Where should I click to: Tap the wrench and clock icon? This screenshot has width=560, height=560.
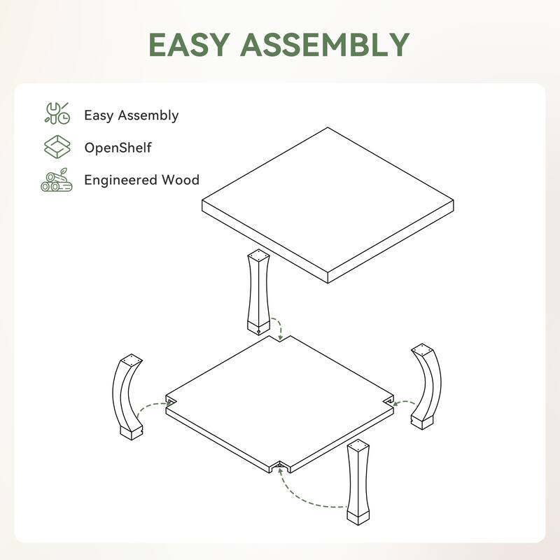pyautogui.click(x=57, y=114)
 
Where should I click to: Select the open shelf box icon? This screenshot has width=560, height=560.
pyautogui.click(x=57, y=148)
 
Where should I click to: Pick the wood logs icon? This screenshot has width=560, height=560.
pyautogui.click(x=57, y=180)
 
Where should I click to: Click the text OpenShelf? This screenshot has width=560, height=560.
pyautogui.click(x=118, y=148)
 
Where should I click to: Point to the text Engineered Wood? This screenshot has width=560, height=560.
pyautogui.click(x=141, y=180)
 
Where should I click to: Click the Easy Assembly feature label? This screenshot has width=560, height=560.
pyautogui.click(x=131, y=115)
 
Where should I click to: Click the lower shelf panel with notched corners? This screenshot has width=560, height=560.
pyautogui.click(x=280, y=399)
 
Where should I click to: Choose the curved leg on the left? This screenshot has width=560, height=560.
pyautogui.click(x=126, y=395)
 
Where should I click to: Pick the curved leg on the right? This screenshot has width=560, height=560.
pyautogui.click(x=426, y=385)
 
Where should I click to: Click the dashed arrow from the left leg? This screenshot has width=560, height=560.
pyautogui.click(x=150, y=409)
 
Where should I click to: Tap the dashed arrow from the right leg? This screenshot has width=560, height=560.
pyautogui.click(x=402, y=402)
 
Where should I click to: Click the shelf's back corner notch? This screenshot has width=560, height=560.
pyautogui.click(x=280, y=339)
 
